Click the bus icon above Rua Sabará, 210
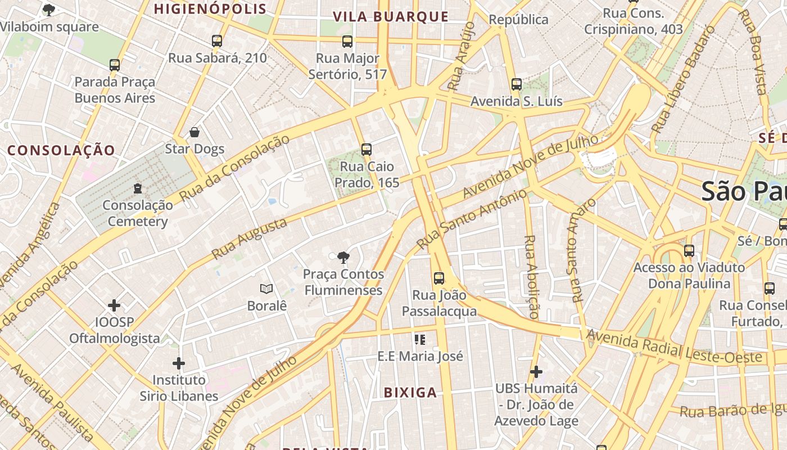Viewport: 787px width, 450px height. click(x=217, y=41)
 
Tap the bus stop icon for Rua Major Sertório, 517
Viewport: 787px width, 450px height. click(x=347, y=41)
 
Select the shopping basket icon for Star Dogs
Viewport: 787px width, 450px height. click(x=195, y=132)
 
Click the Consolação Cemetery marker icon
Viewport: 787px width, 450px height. click(x=138, y=188)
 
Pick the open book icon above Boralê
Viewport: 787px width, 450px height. click(x=266, y=289)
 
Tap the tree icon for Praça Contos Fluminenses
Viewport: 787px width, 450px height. click(x=343, y=258)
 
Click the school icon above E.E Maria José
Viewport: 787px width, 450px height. click(x=419, y=339)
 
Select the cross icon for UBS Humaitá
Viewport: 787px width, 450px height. click(x=536, y=372)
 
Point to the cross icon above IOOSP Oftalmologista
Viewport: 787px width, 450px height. click(x=114, y=305)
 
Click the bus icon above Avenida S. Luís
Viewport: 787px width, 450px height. click(x=517, y=84)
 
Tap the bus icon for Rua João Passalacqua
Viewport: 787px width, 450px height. click(x=439, y=278)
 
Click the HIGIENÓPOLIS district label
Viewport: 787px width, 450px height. click(x=210, y=9)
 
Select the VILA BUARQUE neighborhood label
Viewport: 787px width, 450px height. click(x=391, y=17)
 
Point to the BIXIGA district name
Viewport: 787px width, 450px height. click(x=410, y=393)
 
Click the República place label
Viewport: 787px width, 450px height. click(x=518, y=20)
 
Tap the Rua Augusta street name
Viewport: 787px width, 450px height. click(x=249, y=239)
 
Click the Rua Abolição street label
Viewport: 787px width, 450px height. click(x=531, y=277)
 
